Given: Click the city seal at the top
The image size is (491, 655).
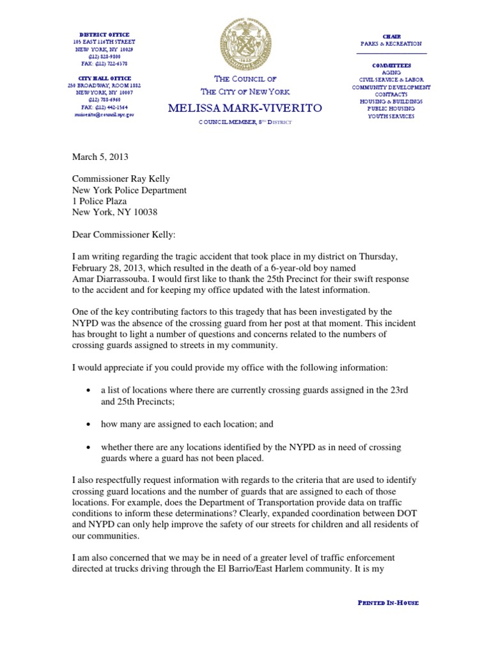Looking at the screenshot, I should click(x=245, y=44).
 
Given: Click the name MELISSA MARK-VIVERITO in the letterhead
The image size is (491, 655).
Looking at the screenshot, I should click(x=245, y=109).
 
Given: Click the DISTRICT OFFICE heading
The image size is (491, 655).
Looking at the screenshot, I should click(x=104, y=34).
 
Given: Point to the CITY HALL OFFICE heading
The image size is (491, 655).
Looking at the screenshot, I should click(x=104, y=77).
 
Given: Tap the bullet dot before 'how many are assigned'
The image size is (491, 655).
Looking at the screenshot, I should click(x=88, y=425).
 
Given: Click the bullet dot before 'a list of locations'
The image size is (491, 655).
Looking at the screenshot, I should click(x=88, y=391).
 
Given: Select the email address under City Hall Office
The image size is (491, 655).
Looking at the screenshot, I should click(x=105, y=114).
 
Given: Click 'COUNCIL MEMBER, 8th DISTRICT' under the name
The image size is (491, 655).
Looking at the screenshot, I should click(x=245, y=122).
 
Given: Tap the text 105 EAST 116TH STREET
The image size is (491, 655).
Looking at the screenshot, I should click(x=104, y=42).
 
